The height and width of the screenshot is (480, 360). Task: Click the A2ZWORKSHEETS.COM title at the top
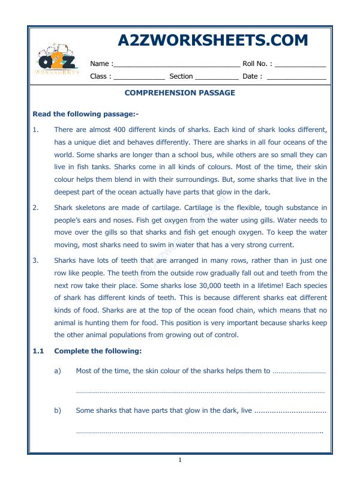click(213, 40)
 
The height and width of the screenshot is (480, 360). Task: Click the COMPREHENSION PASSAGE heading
click(179, 93)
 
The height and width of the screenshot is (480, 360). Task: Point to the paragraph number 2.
click(35, 208)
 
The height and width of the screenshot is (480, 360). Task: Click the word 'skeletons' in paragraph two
click(91, 208)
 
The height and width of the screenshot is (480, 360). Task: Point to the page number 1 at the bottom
click(179, 460)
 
